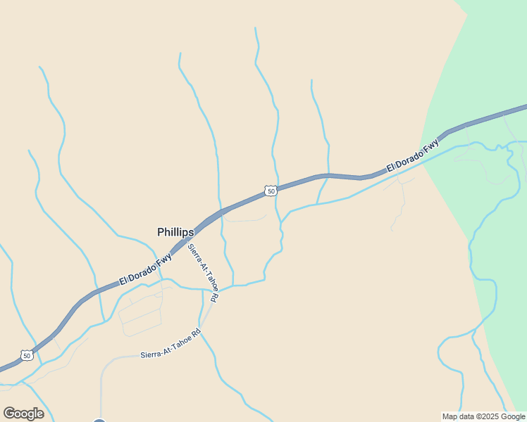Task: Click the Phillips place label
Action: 175,232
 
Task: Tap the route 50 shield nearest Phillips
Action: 271,191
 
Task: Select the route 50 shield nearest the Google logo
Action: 27,356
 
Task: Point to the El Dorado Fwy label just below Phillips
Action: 146,269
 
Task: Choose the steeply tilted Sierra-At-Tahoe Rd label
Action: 202,272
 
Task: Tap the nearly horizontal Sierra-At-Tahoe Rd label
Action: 170,344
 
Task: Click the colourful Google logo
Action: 23,414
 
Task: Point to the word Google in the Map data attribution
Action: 512,416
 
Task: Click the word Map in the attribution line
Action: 449,416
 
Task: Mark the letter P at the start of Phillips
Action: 161,232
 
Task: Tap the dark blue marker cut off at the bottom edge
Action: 99,421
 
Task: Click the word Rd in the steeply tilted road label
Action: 213,298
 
